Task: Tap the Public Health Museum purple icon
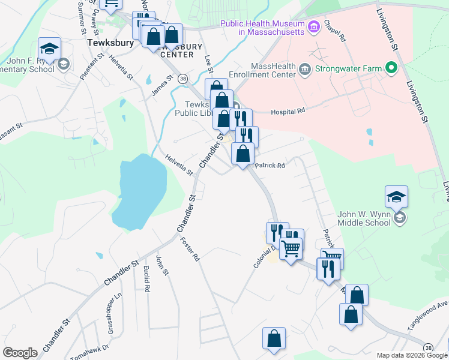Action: point(313,26)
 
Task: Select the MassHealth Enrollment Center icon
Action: point(304,69)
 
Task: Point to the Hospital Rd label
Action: point(288,112)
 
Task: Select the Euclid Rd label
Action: point(146,278)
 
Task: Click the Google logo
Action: point(20,353)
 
